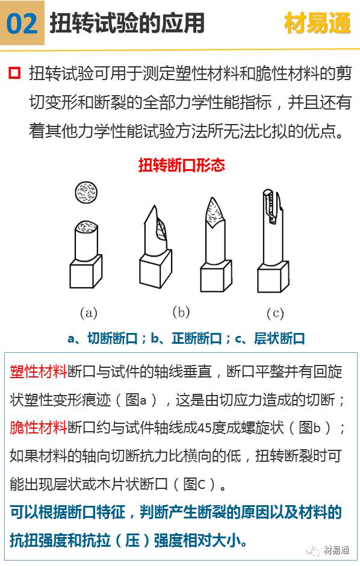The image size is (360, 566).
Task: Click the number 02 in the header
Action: coord(22,23)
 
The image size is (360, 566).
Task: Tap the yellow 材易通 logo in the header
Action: coord(317,23)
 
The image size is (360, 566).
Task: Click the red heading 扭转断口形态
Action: coord(181,164)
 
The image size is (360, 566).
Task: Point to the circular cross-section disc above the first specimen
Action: coord(86,192)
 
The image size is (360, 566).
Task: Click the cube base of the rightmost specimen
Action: coord(273,277)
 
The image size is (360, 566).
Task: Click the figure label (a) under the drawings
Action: coord(88,313)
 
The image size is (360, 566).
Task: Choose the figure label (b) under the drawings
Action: coord(181,312)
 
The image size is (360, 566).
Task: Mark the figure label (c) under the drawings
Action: coord(275,313)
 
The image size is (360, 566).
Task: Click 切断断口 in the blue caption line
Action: coord(113,338)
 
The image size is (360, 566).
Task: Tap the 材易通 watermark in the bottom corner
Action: coord(337,550)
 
